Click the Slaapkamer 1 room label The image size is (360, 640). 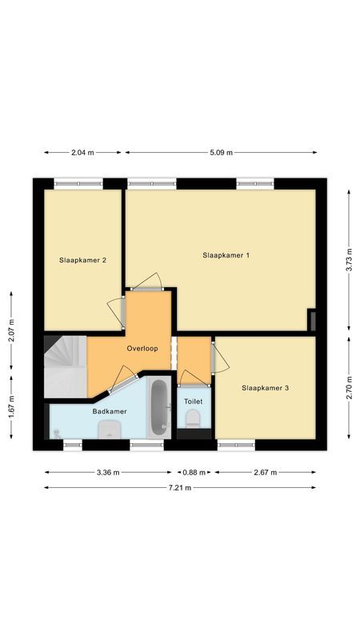(226, 255)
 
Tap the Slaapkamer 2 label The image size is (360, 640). (83, 260)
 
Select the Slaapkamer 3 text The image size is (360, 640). (265, 388)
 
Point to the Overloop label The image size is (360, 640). (142, 349)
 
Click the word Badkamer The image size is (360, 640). (109, 411)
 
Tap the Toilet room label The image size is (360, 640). (193, 401)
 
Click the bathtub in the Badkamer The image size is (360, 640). (159, 407)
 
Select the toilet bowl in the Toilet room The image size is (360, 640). (193, 420)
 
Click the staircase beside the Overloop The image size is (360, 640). (65, 366)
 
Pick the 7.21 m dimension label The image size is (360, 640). (180, 487)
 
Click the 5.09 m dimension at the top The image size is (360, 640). (220, 152)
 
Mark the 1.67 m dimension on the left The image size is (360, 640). (11, 406)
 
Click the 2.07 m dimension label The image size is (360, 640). (11, 332)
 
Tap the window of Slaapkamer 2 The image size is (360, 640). (78, 183)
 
